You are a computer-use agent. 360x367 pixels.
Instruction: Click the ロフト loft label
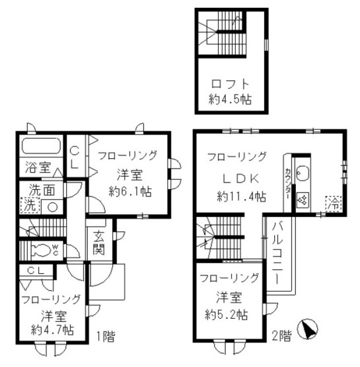tap(231, 85)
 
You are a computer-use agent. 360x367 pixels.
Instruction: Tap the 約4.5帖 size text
tap(231, 101)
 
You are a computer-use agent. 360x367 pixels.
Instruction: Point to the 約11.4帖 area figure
tap(242, 196)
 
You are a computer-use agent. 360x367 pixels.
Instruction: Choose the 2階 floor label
tap(281, 335)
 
